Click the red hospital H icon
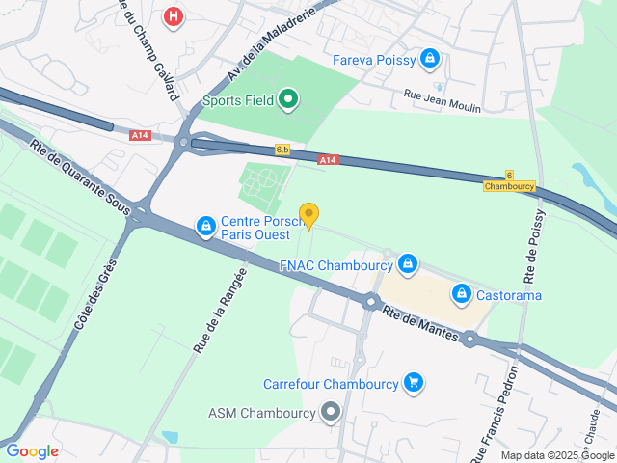pyautogui.click(x=174, y=17)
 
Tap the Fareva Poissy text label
pyautogui.click(x=374, y=61)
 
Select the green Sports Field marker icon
pyautogui.click(x=287, y=98)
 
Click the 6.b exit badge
pyautogui.click(x=282, y=150)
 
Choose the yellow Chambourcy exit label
pyautogui.click(x=509, y=186)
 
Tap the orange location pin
pyautogui.click(x=308, y=215)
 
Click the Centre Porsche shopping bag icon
pyautogui.click(x=205, y=226)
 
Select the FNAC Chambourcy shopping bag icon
pyautogui.click(x=408, y=263)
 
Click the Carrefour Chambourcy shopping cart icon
pyautogui.click(x=414, y=383)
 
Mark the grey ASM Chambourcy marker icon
pyautogui.click(x=331, y=413)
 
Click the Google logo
pyautogui.click(x=33, y=450)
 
